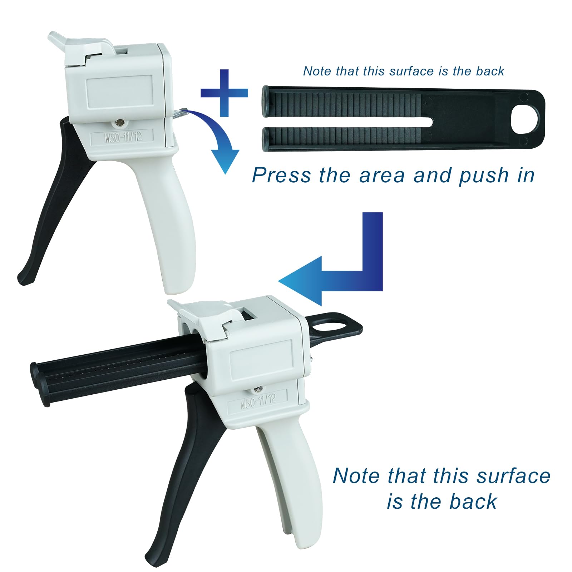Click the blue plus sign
[224, 93]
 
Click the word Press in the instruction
[281, 176]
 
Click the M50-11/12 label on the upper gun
[123, 137]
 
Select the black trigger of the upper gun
[54, 200]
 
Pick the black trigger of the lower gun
[182, 465]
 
